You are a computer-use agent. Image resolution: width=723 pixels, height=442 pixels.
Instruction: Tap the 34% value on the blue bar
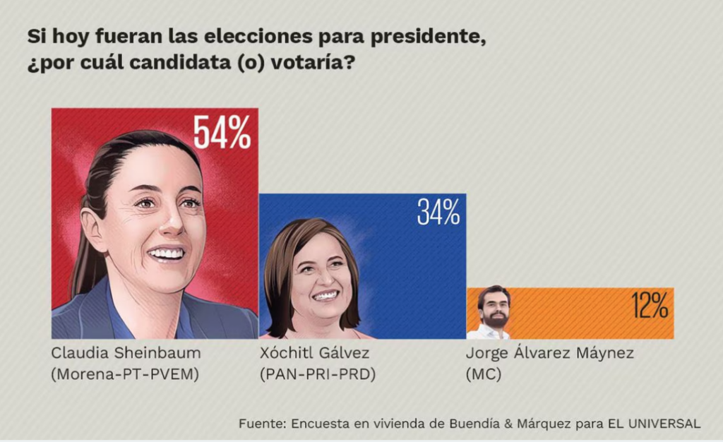point(438,212)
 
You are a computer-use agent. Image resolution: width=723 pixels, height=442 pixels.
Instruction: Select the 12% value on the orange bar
point(650,306)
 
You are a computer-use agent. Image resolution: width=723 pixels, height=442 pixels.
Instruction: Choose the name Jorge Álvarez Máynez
point(550,353)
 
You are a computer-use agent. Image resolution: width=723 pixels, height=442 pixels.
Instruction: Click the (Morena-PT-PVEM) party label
point(125,374)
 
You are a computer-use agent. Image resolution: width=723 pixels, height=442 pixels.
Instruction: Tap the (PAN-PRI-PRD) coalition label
point(317,374)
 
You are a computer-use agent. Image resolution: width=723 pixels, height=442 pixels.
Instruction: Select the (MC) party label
point(484,374)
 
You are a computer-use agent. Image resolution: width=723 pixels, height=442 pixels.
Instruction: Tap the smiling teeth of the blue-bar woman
point(325,296)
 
